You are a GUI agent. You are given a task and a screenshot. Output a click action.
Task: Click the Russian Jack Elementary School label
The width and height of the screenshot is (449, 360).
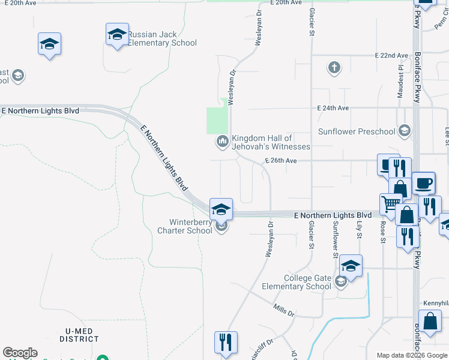pyautogui.click(x=162, y=38)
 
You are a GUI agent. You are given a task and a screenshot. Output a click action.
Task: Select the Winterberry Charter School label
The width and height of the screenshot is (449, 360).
pyautogui.click(x=185, y=226)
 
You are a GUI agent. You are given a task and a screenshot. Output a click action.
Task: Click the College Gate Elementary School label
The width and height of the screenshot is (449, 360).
pyautogui.click(x=309, y=282)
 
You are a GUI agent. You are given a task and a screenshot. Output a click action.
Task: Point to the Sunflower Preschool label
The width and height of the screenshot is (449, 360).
pyautogui.click(x=357, y=131)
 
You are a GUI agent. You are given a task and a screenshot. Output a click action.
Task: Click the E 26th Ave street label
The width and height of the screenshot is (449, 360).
pyautogui.click(x=281, y=161)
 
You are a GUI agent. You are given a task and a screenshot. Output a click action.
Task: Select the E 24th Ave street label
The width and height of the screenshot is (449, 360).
pyautogui.click(x=333, y=109)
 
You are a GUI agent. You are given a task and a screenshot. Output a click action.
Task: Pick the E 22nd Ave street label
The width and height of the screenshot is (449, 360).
pyautogui.click(x=391, y=55)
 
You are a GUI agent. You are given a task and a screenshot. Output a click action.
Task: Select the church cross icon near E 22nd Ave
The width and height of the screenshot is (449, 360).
pyautogui.click(x=334, y=67)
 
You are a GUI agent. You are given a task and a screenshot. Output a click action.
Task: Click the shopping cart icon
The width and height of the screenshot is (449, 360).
pyautogui.click(x=390, y=205)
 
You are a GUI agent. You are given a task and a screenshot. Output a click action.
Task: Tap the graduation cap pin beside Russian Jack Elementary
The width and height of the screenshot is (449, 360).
pyautogui.click(x=117, y=34)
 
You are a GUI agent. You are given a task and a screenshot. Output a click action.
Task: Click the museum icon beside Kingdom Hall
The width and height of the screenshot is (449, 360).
pyautogui.click(x=222, y=142)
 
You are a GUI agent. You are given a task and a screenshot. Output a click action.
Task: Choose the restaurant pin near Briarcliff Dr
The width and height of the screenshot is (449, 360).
pyautogui.click(x=226, y=343)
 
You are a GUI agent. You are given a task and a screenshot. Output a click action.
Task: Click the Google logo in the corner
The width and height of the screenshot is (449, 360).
pyautogui.click(x=20, y=353)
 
